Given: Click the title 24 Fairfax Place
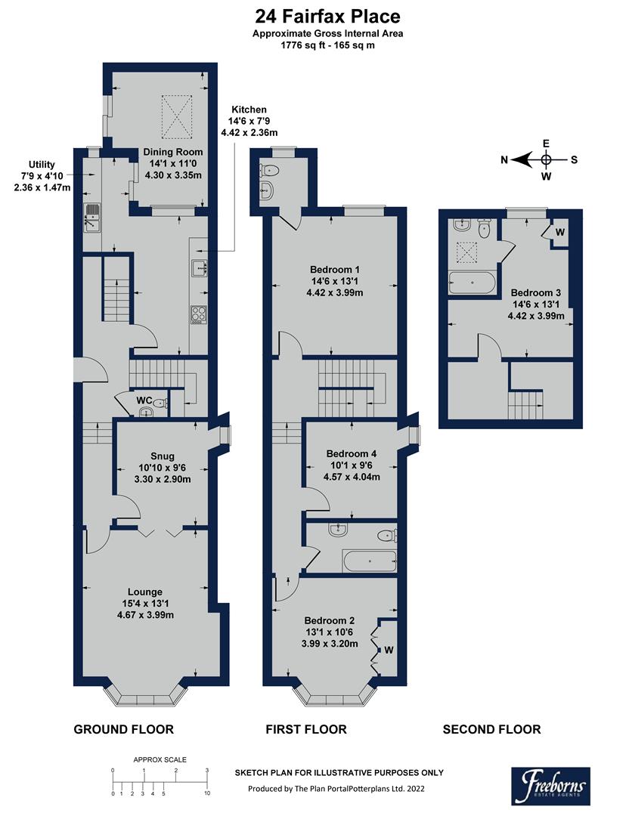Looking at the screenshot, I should pyautogui.click(x=327, y=16).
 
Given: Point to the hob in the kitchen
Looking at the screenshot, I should pyautogui.click(x=199, y=314).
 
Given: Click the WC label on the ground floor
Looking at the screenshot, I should pyautogui.click(x=145, y=399).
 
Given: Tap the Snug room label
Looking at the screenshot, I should pyautogui.click(x=163, y=456).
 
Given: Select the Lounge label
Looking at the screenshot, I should pyautogui.click(x=145, y=592).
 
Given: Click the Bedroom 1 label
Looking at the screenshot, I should pyautogui.click(x=335, y=270).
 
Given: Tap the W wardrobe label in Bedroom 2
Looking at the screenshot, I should pyautogui.click(x=389, y=649).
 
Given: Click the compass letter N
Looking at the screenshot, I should pyautogui.click(x=504, y=159).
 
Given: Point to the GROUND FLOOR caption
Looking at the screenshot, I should pyautogui.click(x=123, y=729).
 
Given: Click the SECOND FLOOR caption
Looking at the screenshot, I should pyautogui.click(x=491, y=729).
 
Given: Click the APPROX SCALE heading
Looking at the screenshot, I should pyautogui.click(x=160, y=760).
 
